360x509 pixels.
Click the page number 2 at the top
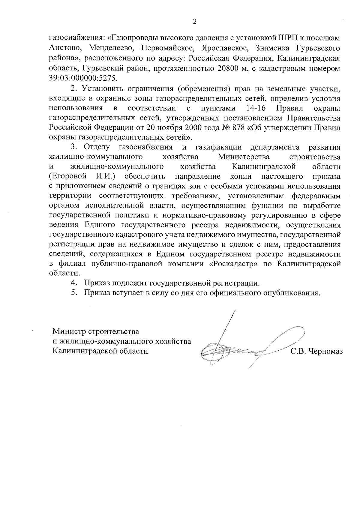[195, 22]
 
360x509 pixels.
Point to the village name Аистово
[62, 48]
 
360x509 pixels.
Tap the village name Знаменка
[273, 48]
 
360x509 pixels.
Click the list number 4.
[73, 283]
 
